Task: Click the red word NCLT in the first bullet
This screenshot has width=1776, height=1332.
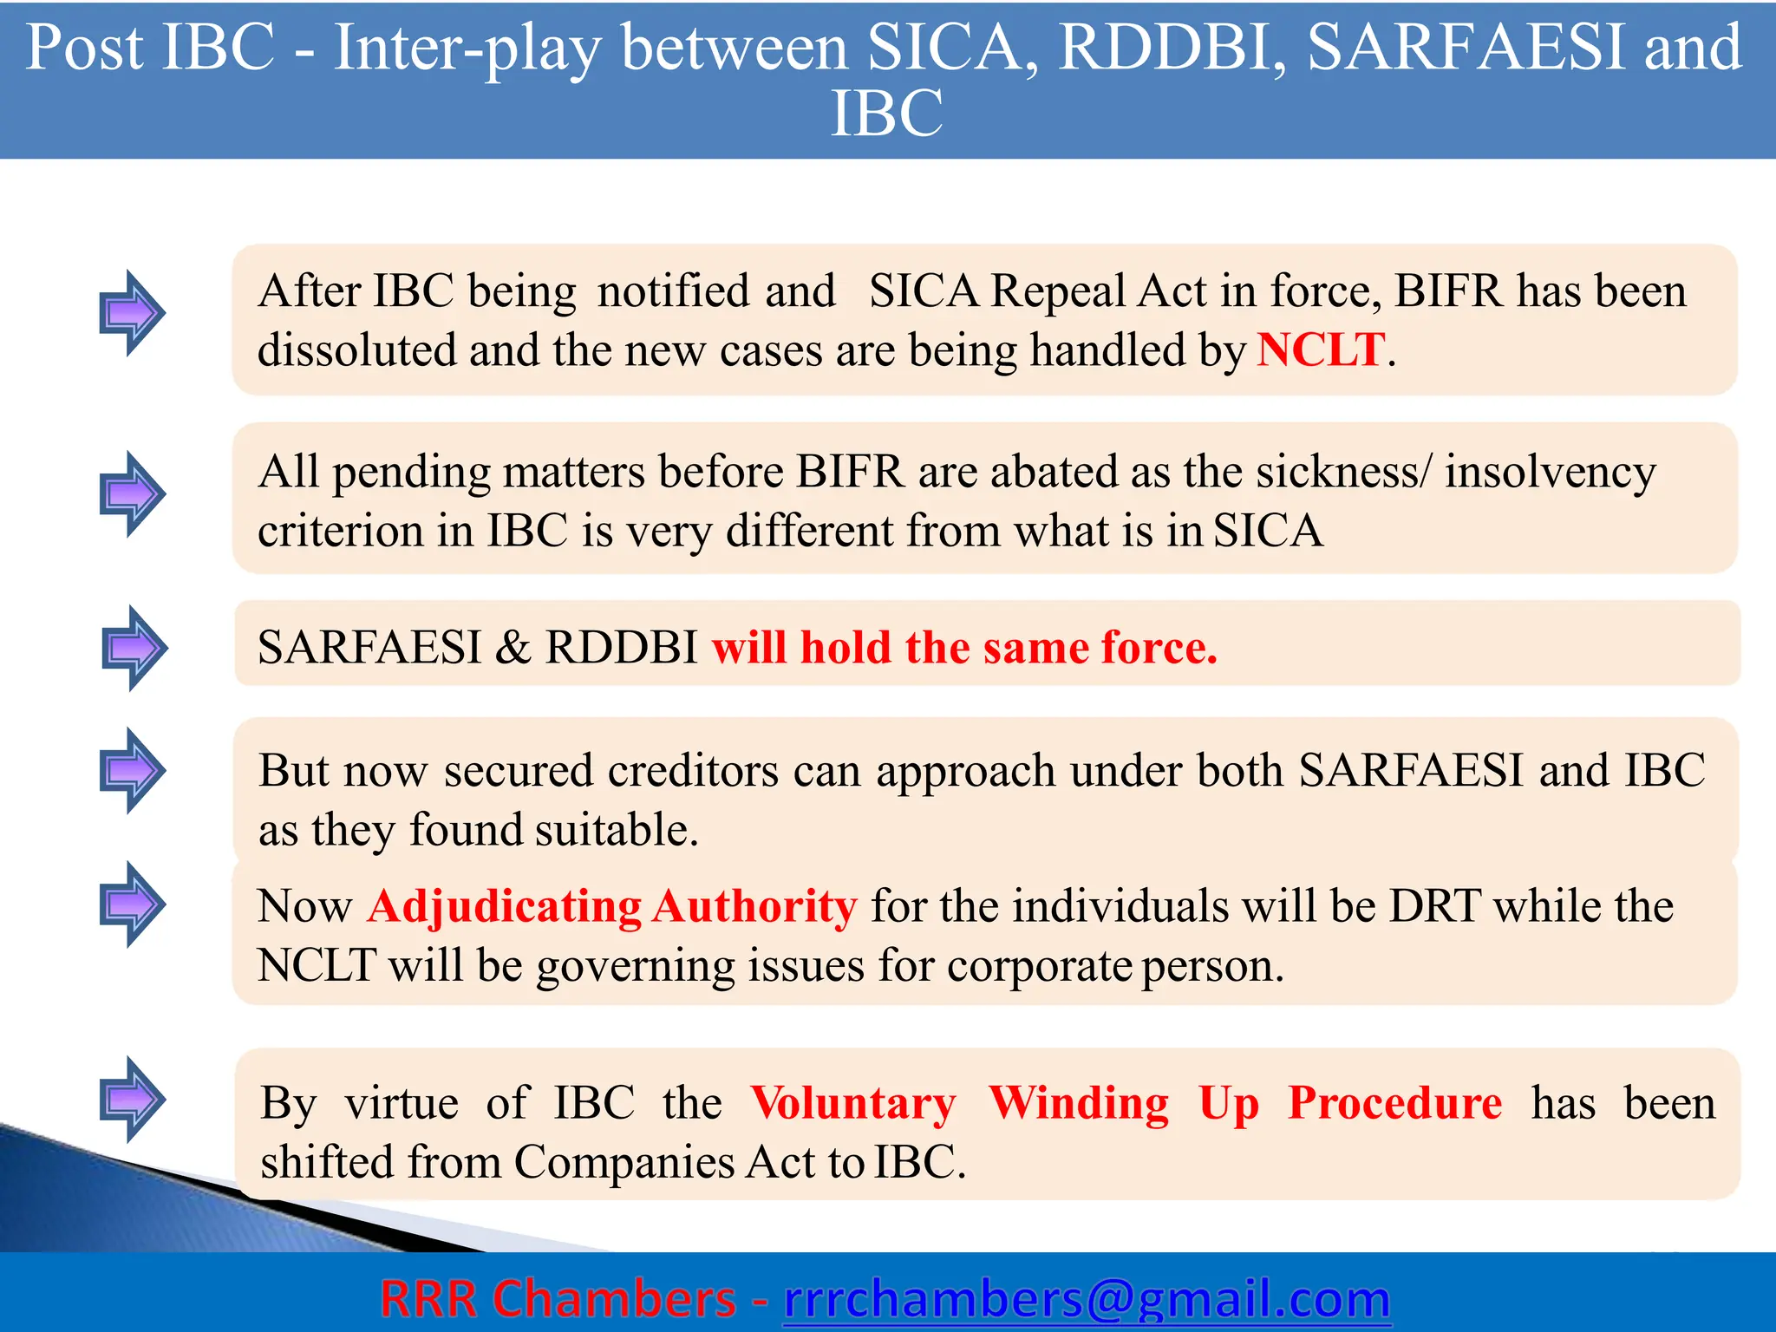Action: click(x=1320, y=350)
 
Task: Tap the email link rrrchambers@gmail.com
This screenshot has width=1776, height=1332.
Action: click(x=1087, y=1299)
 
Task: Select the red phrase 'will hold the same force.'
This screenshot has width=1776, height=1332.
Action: click(x=964, y=647)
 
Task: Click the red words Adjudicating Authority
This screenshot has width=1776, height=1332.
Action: click(x=612, y=906)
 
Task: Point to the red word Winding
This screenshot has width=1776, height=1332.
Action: click(x=1079, y=1103)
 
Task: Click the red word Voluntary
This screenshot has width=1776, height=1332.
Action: click(x=853, y=1103)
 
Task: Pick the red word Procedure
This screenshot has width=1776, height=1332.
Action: click(x=1394, y=1103)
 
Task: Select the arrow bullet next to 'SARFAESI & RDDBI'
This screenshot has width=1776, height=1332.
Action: click(x=134, y=648)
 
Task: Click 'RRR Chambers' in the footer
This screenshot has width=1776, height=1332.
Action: click(x=558, y=1299)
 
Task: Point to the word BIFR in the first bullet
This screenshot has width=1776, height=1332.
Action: click(x=1447, y=291)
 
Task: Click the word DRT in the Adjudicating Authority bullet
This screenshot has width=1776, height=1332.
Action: click(x=1434, y=906)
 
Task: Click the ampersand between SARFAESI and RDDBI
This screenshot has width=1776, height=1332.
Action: click(x=513, y=647)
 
